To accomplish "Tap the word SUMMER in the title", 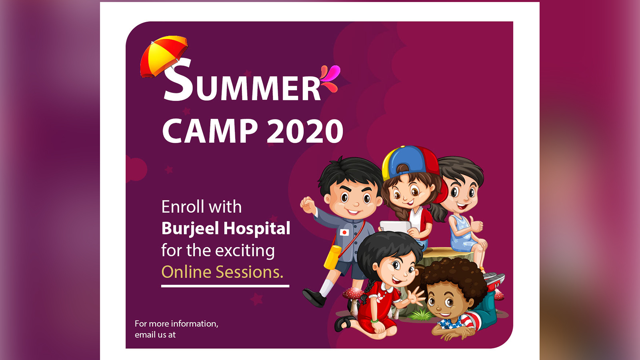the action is tap(242, 80).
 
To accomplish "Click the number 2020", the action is tap(304, 131).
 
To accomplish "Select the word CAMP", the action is tap(210, 131).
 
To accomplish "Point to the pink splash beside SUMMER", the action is tap(330, 78).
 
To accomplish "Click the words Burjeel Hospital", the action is tap(226, 229).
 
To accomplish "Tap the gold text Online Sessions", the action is tap(222, 272).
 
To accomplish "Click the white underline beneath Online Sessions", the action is tap(225, 286).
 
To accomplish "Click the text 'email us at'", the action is tap(155, 334).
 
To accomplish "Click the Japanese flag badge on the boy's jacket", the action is tap(344, 232).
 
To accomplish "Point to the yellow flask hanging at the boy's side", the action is tap(332, 257).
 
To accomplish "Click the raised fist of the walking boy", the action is tap(308, 204).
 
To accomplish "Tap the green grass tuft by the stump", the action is tap(420, 315).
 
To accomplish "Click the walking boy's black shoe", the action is tap(314, 298).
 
